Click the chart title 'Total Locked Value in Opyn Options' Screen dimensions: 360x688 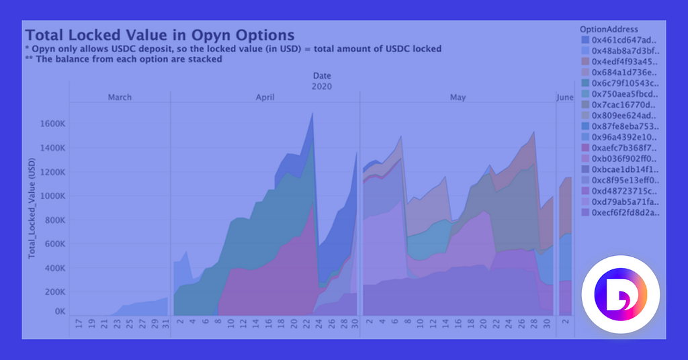[x=160, y=35]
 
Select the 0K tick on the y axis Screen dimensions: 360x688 [x=60, y=312]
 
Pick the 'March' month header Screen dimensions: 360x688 [x=120, y=97]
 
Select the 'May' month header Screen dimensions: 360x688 [x=458, y=97]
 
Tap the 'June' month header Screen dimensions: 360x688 [x=565, y=97]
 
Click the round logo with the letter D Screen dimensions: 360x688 [x=620, y=295]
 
